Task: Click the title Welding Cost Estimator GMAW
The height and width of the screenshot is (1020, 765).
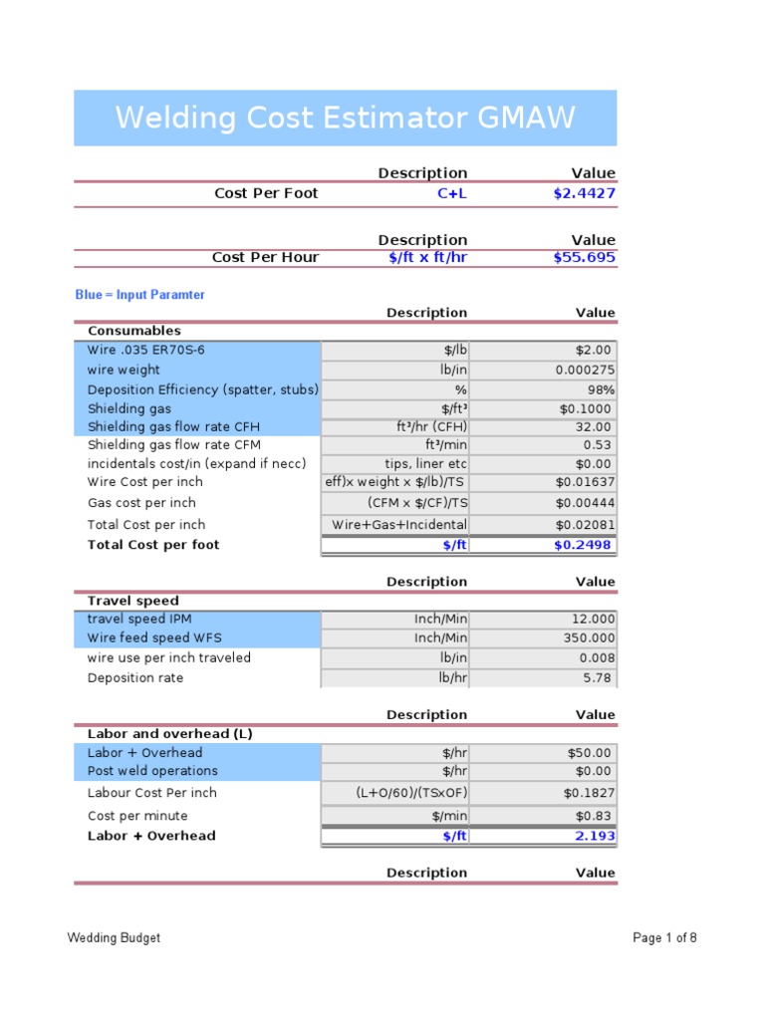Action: (x=345, y=118)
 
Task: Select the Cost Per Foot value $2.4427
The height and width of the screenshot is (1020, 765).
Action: (x=584, y=193)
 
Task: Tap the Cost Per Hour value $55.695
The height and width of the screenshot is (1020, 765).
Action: (x=584, y=257)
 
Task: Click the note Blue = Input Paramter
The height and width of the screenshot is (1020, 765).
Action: (x=140, y=295)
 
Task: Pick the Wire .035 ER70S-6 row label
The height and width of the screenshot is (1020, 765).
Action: (x=146, y=350)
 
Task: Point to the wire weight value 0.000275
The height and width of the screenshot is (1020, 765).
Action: (x=585, y=370)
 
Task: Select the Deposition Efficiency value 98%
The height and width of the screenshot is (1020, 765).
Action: (x=601, y=389)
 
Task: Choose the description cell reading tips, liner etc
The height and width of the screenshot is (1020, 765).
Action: (x=425, y=464)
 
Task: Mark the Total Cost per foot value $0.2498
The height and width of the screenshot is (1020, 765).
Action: (x=584, y=545)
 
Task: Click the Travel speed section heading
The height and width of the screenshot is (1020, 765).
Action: (x=133, y=601)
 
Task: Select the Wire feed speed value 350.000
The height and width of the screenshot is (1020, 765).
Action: (x=588, y=637)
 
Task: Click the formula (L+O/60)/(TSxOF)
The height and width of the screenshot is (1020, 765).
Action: (x=411, y=793)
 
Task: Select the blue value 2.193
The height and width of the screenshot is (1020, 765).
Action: (x=596, y=836)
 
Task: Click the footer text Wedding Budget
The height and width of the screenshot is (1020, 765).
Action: (x=114, y=937)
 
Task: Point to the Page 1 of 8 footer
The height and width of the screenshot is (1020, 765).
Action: (x=664, y=937)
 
